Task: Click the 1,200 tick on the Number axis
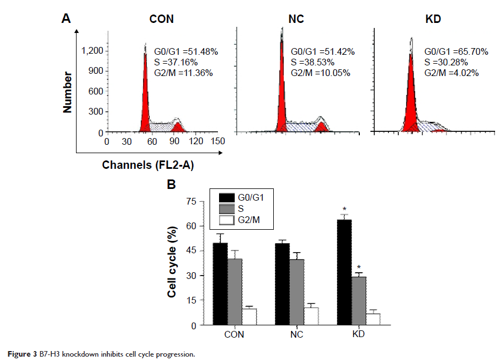92,51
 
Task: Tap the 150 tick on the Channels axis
218,141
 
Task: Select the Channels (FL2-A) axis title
143,165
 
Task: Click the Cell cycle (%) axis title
173,263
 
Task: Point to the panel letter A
66,19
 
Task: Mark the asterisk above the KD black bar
344,210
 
